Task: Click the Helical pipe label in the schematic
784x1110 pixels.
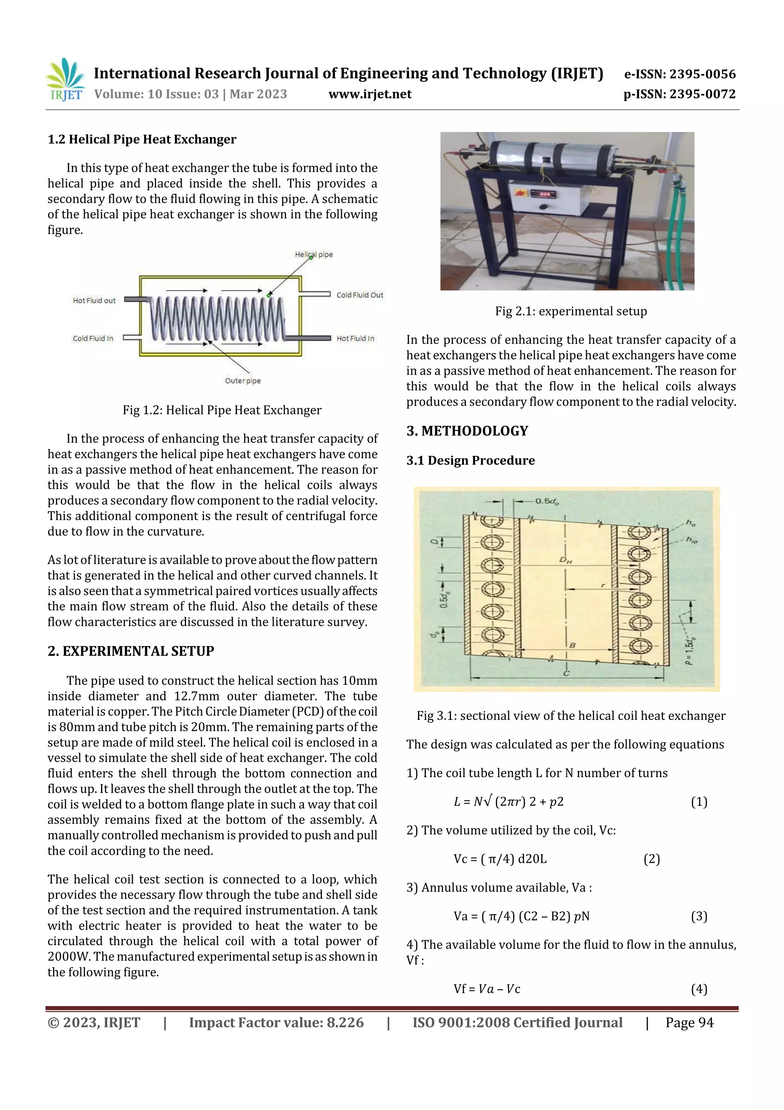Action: click(x=314, y=254)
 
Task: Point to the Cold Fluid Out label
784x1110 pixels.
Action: click(x=359, y=295)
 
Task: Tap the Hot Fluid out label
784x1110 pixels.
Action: click(x=94, y=301)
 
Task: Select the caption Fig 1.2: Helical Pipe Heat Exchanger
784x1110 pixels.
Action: click(x=222, y=410)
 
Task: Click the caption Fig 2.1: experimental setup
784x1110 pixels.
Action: click(x=570, y=312)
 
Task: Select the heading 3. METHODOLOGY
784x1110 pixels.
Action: click(x=467, y=431)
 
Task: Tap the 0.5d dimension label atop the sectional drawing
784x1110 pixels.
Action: click(x=546, y=501)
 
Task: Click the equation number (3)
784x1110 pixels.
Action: click(x=699, y=916)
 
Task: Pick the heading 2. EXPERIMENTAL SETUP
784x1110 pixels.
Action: click(x=131, y=651)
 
